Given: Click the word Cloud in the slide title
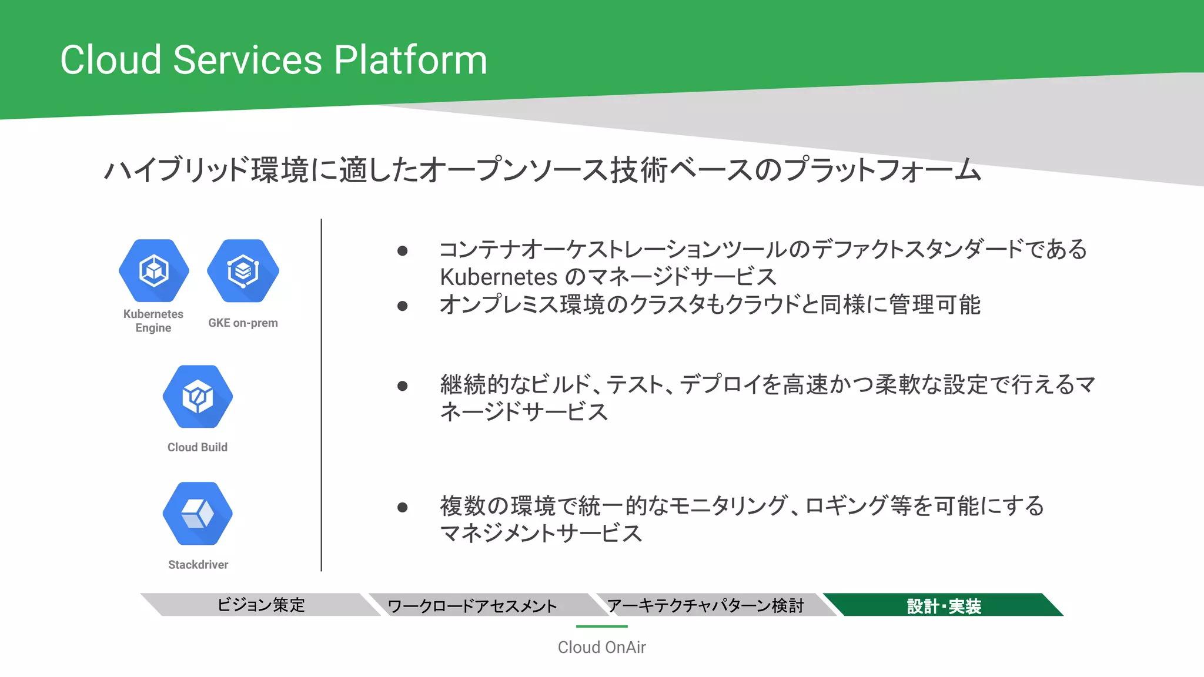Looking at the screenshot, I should pos(111,60).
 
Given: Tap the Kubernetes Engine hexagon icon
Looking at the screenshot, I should pos(154,271).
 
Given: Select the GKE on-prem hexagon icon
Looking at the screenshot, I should pos(243,271).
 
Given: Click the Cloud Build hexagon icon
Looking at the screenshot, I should pos(198,397).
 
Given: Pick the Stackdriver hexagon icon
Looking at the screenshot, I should pos(198,514).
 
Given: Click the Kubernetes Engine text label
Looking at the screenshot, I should pos(153,321).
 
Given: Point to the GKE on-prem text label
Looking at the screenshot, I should pos(243,323).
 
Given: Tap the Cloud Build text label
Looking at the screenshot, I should pos(198,447).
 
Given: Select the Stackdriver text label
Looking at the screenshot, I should pos(198,565).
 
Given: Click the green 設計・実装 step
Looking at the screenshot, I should pos(944,605).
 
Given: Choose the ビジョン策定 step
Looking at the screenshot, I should pos(261,605).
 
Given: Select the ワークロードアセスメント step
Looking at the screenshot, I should pos(472,605).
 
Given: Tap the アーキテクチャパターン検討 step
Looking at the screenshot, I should pos(705,605).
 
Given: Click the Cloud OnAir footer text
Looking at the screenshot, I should pos(601,647).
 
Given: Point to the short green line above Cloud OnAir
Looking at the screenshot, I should pos(601,626).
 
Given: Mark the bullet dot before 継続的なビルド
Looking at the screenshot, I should pos(403,386).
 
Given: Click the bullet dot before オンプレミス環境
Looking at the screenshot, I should pos(403,306).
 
